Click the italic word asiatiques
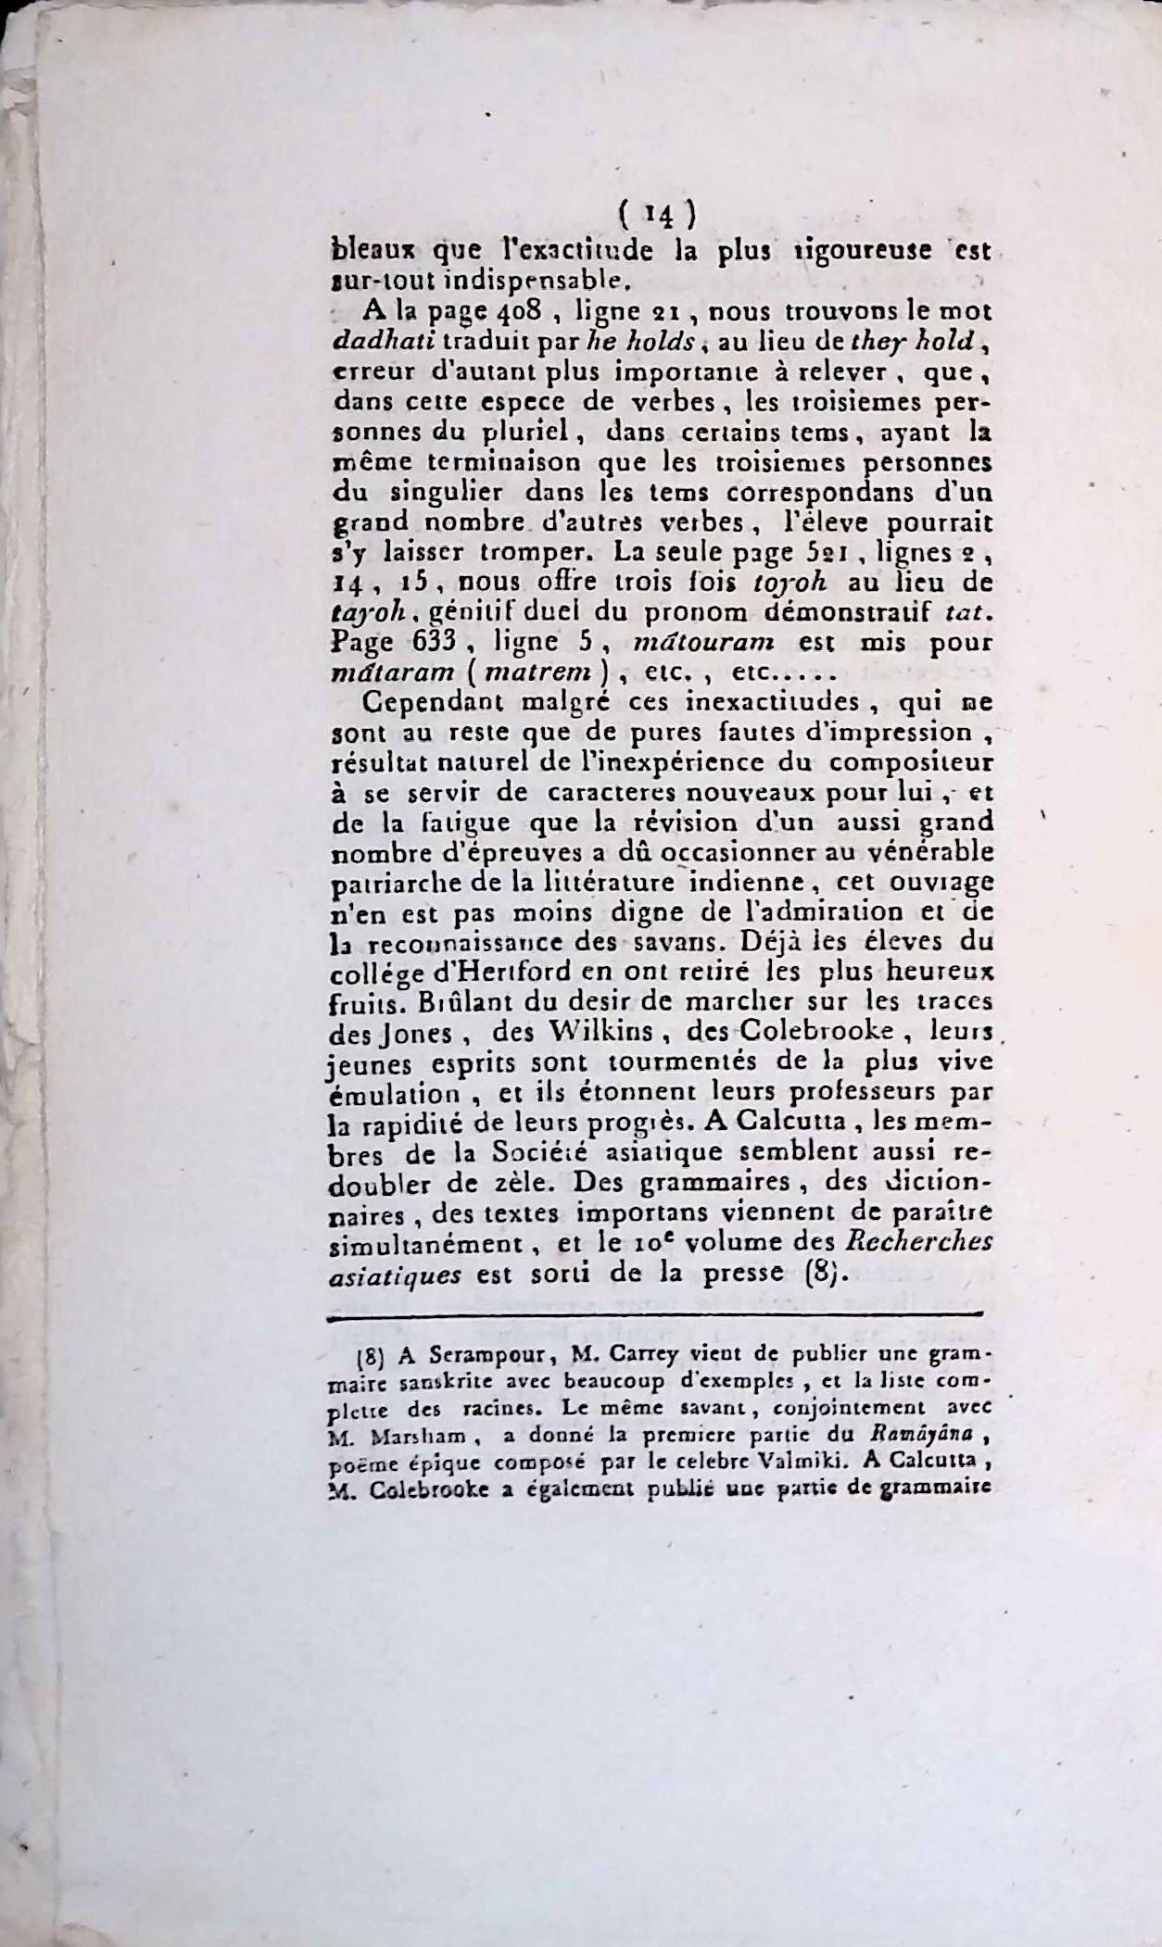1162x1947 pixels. [396, 1273]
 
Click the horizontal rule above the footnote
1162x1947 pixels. [654, 1313]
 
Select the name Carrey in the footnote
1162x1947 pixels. [646, 1357]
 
